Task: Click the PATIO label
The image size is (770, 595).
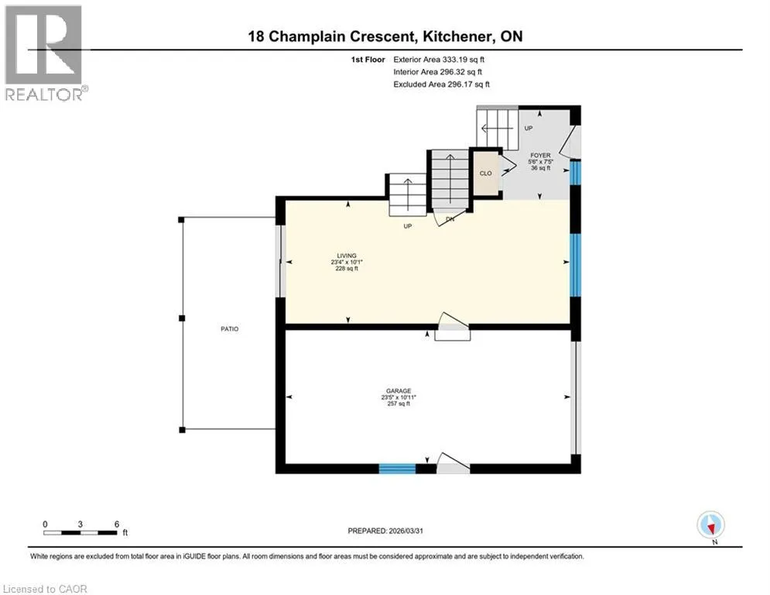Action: pos(229,329)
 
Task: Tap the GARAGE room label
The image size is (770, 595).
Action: pos(399,391)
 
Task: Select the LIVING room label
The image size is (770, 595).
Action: pos(347,256)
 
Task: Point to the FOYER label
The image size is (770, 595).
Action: pos(540,156)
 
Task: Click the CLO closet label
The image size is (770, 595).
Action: pos(486,174)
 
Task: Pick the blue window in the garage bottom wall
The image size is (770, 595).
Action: pos(397,468)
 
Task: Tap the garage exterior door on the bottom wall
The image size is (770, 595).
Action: pos(453,464)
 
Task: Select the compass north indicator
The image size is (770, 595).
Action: pos(710,525)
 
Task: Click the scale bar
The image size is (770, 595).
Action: pos(80,532)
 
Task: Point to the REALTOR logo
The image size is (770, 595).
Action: pos(44,53)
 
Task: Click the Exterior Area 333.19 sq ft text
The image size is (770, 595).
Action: pos(439,60)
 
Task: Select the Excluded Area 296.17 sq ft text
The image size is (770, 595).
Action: pos(441,84)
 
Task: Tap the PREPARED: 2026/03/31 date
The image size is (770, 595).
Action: pos(385,531)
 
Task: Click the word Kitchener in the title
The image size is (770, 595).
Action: pos(457,36)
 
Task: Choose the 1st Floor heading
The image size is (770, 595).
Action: pos(368,60)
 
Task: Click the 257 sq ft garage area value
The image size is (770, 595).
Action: pos(399,404)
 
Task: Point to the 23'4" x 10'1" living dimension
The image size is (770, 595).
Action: pos(347,262)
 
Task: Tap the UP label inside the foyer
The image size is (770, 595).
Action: pos(529,129)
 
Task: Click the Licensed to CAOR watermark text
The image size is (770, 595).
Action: pos(45,589)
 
